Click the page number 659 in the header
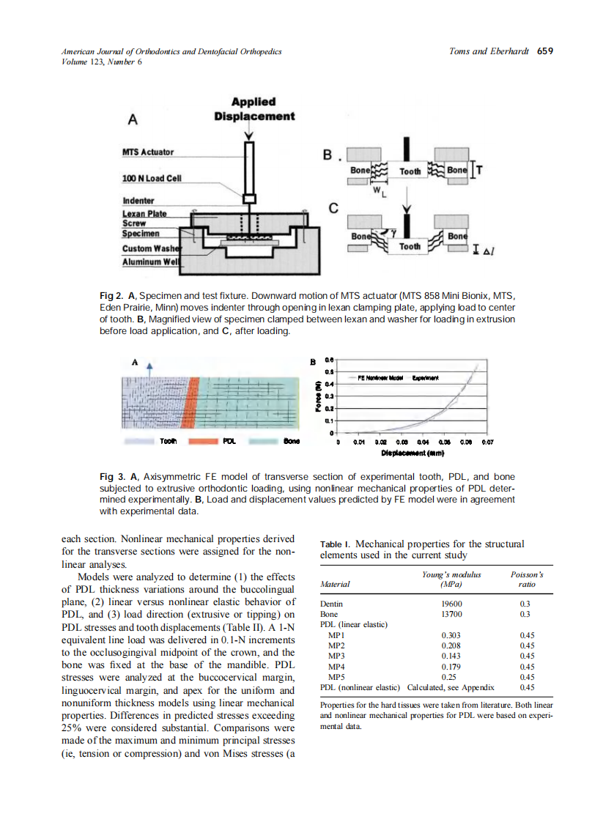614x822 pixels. [x=544, y=51]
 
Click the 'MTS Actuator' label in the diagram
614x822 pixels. [x=147, y=152]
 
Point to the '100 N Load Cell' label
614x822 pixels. [x=152, y=178]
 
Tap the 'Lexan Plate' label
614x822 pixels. [x=144, y=214]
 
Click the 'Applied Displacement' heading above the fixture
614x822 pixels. [x=254, y=109]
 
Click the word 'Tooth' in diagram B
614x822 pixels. [x=410, y=171]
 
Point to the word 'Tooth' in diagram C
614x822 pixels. [x=410, y=246]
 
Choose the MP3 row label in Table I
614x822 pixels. [x=336, y=656]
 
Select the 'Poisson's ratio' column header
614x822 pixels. [x=526, y=580]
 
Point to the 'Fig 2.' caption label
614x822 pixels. [x=112, y=295]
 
